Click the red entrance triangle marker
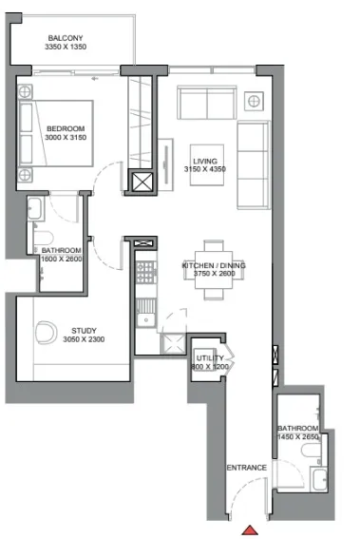(x=250, y=530)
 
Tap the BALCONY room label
(x=66, y=38)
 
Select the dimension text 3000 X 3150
(x=66, y=138)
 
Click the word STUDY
(x=84, y=331)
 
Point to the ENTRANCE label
(x=247, y=468)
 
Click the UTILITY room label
(x=210, y=358)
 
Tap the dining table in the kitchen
(x=214, y=270)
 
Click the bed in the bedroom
(x=56, y=133)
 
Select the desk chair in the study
(x=46, y=333)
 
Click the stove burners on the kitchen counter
(x=146, y=272)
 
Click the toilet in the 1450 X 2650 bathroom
(x=312, y=451)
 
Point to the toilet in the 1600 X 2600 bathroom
(x=44, y=239)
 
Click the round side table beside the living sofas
(x=254, y=101)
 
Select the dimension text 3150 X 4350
(x=205, y=169)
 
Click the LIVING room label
(x=205, y=161)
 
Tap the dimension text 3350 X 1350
(x=66, y=47)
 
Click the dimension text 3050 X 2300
(x=84, y=339)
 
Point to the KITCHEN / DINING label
(x=214, y=265)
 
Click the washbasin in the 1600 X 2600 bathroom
(x=35, y=208)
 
